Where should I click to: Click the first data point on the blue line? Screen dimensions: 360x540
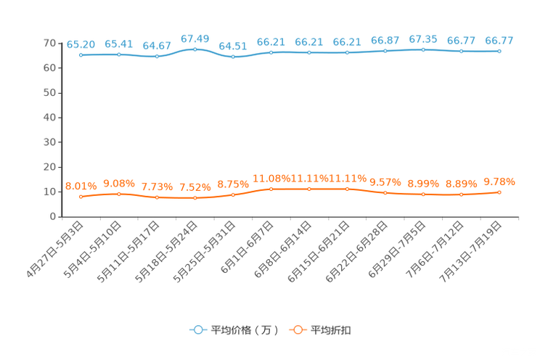(81, 55)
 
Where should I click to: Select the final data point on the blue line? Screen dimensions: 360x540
(499, 52)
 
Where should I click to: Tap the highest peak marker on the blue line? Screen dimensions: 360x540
(195, 49)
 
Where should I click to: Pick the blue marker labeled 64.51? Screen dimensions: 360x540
(233, 57)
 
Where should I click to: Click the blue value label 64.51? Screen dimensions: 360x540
(233, 46)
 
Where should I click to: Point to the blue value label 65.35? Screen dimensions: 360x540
(423, 38)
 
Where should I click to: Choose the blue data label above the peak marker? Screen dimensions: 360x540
(195, 37)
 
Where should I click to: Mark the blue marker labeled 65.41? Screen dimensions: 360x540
(118, 54)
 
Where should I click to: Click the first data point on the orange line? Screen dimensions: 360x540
(81, 197)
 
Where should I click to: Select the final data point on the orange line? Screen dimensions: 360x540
(499, 192)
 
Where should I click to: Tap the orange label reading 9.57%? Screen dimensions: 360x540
(385, 182)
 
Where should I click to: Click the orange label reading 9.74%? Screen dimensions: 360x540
(499, 181)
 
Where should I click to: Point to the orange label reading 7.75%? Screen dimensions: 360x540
(157, 187)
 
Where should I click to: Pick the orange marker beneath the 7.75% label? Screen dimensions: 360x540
(157, 197)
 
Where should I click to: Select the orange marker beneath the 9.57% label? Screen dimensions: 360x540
(385, 193)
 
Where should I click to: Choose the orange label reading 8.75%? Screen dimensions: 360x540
(233, 184)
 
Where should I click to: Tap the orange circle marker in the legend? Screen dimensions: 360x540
(297, 330)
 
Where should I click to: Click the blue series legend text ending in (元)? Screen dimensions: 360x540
(245, 330)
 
